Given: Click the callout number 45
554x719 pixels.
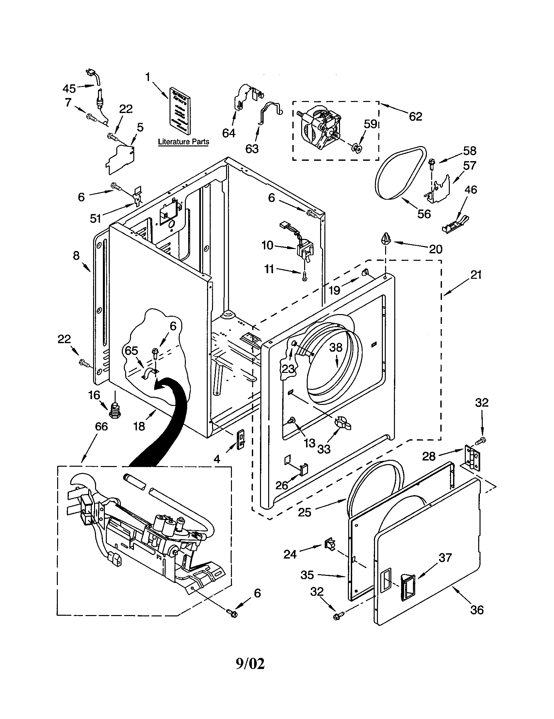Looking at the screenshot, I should point(69,88).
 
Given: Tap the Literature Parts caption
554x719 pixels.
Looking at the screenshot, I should point(183,142).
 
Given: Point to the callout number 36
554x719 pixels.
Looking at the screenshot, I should point(477,610).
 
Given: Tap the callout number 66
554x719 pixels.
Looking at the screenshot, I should point(101,426).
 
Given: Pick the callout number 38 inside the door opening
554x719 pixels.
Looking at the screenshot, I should point(336,347).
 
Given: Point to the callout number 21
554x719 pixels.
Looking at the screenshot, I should point(476,274).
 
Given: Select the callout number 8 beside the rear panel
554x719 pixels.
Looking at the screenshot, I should point(76,255).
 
